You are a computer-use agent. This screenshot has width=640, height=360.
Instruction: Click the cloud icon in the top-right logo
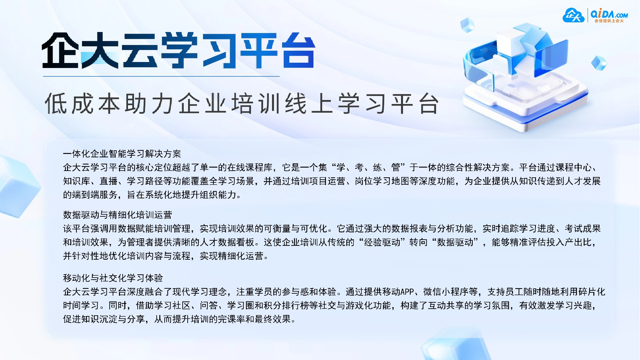pyautogui.click(x=573, y=15)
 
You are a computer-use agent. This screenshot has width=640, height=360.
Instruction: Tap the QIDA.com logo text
pyautogui.click(x=609, y=14)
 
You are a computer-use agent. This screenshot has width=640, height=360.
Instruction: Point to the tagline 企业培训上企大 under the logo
pyautogui.click(x=609, y=21)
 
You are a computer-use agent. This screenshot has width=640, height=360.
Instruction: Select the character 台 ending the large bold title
pyautogui.click(x=298, y=51)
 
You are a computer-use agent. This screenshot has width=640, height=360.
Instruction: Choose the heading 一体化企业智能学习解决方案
pyautogui.click(x=122, y=154)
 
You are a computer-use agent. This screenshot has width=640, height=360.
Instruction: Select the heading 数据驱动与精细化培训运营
pyautogui.click(x=117, y=215)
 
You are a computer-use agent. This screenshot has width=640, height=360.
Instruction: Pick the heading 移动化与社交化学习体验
pyautogui.click(x=113, y=278)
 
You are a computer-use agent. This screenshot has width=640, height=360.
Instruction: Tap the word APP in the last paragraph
pyautogui.click(x=407, y=292)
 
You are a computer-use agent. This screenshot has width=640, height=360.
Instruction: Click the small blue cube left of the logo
pyautogui.click(x=467, y=25)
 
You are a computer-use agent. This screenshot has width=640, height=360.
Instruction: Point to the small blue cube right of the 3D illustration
pyautogui.click(x=599, y=63)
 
